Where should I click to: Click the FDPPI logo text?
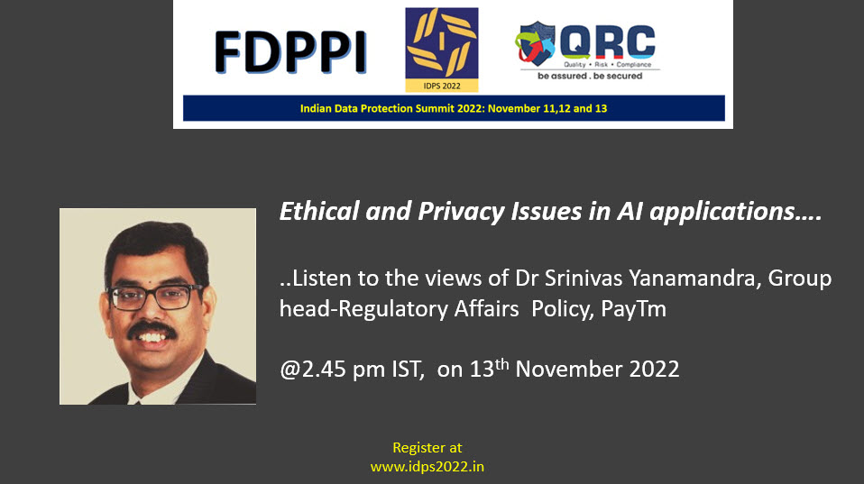(290, 52)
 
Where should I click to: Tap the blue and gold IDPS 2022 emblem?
(441, 50)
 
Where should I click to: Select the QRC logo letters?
(607, 41)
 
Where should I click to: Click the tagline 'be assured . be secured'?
(590, 76)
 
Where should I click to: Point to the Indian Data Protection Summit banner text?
(454, 108)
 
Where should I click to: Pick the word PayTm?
(633, 309)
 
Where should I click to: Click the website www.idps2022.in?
(427, 467)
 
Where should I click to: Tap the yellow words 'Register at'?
(427, 448)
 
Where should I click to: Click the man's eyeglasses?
(155, 297)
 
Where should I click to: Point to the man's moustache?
(152, 330)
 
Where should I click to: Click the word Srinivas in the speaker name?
(584, 279)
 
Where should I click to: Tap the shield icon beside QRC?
(535, 43)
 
